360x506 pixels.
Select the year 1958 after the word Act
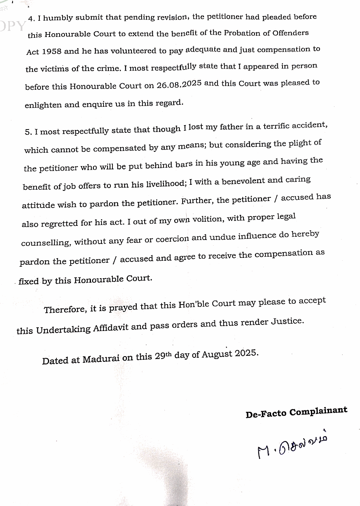pos(53,52)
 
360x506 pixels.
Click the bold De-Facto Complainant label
pos(296,412)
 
